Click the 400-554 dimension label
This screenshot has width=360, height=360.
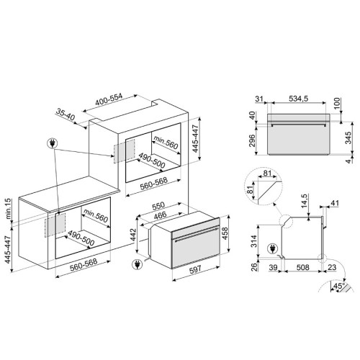109,99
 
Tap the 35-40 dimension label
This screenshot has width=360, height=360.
66,114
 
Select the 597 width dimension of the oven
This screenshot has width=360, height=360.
196,270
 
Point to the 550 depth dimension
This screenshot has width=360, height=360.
158,206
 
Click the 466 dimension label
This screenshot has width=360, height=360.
161,215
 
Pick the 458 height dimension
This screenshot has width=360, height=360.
225,233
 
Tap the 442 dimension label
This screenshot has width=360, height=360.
133,235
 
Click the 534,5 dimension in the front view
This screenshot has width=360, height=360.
298,99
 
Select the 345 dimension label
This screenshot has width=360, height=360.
348,138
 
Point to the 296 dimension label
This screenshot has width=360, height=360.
252,141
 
